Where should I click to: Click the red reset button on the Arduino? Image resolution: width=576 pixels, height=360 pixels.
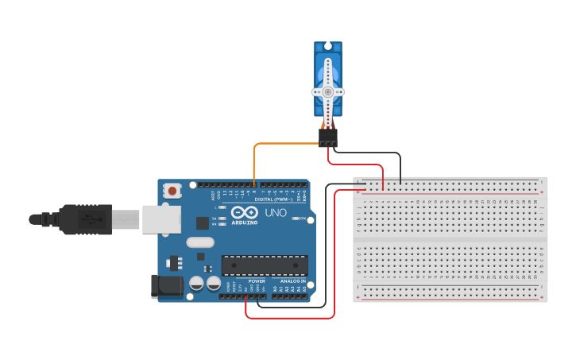172,191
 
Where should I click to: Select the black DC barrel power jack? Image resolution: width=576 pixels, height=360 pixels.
164,286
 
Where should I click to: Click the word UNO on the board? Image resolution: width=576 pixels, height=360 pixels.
275,213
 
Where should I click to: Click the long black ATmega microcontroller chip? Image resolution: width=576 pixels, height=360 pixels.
264,265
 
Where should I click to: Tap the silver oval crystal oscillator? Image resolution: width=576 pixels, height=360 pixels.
200,242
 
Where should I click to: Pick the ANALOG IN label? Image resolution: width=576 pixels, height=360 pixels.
291,281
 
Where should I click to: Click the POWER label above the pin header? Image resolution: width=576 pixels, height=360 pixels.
257,281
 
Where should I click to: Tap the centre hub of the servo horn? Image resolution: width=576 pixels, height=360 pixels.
327,91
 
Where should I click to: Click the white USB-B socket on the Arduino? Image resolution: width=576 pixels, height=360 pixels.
161,219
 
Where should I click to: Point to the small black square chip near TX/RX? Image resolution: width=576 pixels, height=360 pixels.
202,223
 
